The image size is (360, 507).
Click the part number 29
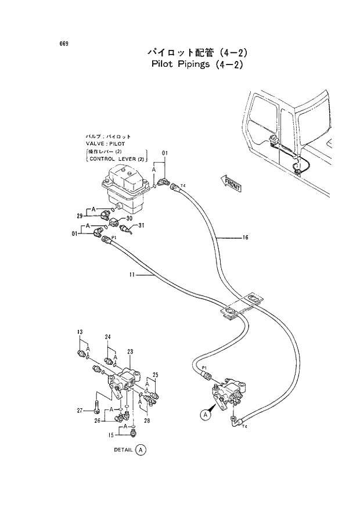pos(80,216)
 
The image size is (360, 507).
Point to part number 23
pos(130,351)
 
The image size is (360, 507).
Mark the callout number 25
pos(155,374)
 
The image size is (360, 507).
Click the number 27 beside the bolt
pos(80,411)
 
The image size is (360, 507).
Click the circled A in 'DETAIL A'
pos(141,450)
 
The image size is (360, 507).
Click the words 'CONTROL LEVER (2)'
pos(116,158)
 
